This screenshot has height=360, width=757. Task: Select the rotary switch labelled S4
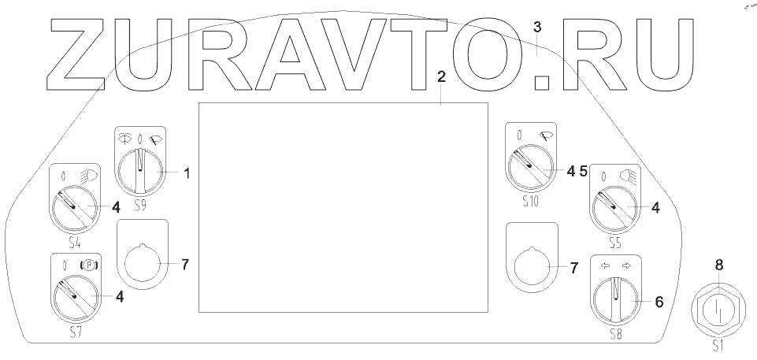tap(75, 206)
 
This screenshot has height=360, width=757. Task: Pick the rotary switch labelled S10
tap(529, 169)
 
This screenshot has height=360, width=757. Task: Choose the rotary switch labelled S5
tap(615, 207)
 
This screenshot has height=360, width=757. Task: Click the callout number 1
tap(187, 172)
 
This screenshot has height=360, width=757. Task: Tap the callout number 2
tap(441, 76)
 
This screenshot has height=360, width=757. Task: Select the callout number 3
tap(537, 27)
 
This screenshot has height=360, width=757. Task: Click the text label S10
tap(529, 202)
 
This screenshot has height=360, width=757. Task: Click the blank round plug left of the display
tap(142, 262)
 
